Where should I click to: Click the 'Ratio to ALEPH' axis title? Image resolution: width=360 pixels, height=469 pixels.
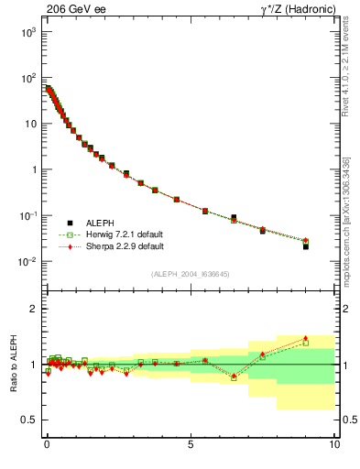click(x=14, y=364)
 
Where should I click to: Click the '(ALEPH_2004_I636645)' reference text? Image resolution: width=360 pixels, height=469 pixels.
click(x=190, y=274)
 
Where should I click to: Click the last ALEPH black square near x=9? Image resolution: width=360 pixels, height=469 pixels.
click(x=306, y=246)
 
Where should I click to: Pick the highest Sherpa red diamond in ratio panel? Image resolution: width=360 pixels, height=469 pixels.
click(x=306, y=338)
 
